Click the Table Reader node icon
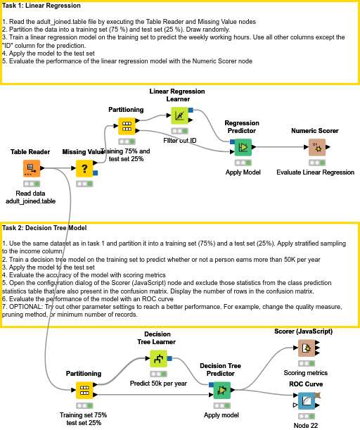coord(32,168)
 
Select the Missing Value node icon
coord(84,168)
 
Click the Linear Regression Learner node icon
coord(179,115)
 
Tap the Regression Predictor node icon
coord(242,147)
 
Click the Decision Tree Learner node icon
coord(158,359)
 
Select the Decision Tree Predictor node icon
coord(222,390)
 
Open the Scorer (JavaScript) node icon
coord(305,348)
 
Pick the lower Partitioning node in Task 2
coord(84,390)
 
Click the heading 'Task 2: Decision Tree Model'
coord(44,228)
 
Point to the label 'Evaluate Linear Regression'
coord(315,172)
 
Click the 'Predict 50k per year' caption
coord(158,384)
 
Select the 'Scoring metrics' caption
coord(305,373)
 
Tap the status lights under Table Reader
coord(32,183)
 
